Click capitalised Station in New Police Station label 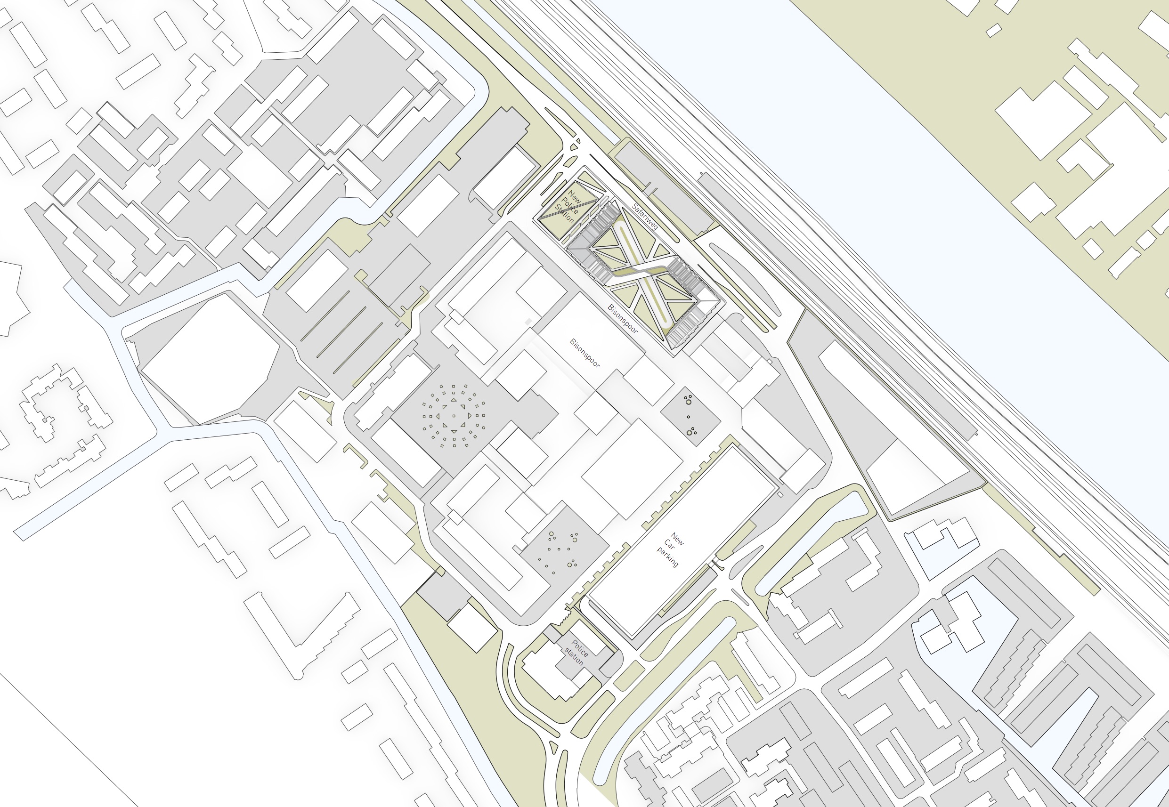pyautogui.click(x=564, y=214)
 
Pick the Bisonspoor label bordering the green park pyautogui.click(x=623, y=319)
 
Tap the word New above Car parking pyautogui.click(x=677, y=540)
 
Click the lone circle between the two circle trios pyautogui.click(x=689, y=417)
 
